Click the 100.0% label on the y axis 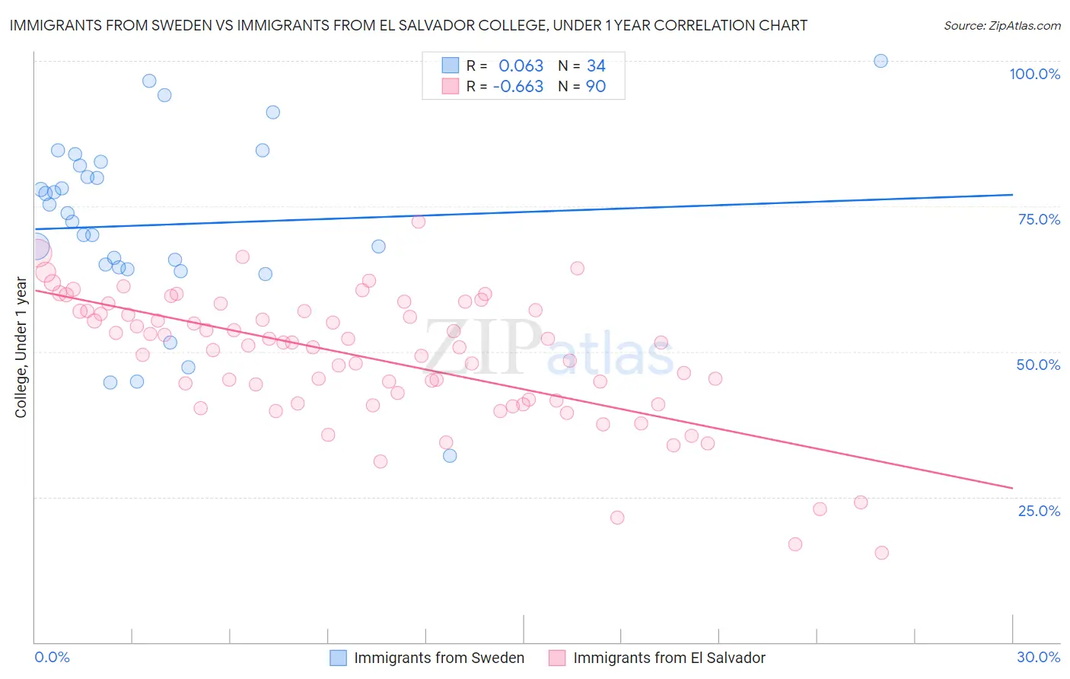tap(1034, 74)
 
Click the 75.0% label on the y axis tap(1039, 219)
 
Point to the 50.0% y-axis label tap(1038, 365)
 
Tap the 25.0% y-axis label tap(1039, 511)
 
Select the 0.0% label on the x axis tap(52, 657)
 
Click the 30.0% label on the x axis tap(1038, 657)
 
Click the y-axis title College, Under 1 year tap(21, 348)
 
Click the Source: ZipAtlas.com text tap(1002, 26)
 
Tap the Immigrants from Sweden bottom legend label tap(439, 658)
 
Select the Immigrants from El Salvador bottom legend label tap(669, 658)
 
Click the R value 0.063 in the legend tap(521, 66)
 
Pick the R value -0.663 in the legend tap(517, 87)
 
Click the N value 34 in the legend tap(596, 66)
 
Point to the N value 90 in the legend tap(596, 87)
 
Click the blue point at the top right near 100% tap(881, 61)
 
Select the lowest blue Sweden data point tap(450, 455)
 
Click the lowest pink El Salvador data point tap(881, 553)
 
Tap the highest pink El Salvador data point tap(418, 222)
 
